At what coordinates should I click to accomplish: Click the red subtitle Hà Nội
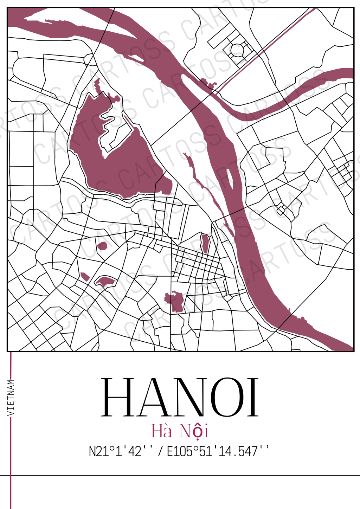click(x=180, y=431)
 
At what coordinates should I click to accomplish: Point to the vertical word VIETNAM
click(x=11, y=398)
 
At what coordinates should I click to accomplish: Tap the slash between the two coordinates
click(x=160, y=451)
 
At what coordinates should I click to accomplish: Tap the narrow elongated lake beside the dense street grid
click(x=205, y=243)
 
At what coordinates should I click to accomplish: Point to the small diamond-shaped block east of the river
click(x=281, y=210)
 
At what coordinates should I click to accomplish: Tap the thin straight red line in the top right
click(x=267, y=49)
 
